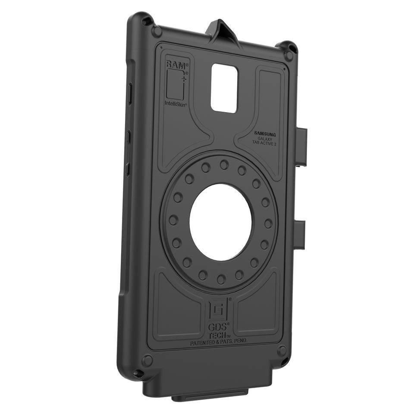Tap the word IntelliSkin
(175, 103)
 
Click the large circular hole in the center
(220, 222)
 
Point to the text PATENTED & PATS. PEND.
(219, 342)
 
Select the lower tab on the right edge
(300, 235)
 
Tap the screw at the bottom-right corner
(282, 351)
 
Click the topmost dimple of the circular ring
(224, 164)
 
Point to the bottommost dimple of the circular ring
(221, 279)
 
